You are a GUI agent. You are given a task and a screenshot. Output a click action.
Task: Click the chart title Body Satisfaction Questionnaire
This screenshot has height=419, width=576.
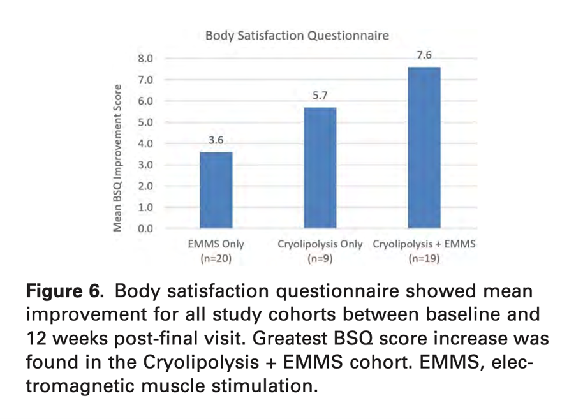(x=297, y=36)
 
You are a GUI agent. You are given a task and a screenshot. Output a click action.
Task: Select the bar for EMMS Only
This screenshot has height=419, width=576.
(x=216, y=190)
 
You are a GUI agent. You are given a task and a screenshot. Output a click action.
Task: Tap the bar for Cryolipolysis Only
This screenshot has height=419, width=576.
(x=320, y=168)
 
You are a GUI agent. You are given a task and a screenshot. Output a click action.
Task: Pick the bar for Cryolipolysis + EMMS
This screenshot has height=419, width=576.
(x=424, y=147)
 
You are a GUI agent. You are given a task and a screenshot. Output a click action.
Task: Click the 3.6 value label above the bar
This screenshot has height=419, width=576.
(x=216, y=140)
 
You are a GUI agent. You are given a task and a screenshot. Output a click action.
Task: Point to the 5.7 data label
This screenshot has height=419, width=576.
(x=320, y=96)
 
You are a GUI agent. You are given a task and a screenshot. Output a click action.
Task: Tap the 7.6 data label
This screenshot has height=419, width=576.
(x=424, y=55)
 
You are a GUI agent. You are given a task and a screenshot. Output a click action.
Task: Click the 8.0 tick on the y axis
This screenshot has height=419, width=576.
(x=145, y=59)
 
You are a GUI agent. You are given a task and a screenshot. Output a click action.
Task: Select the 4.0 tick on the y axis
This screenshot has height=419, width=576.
(x=145, y=143)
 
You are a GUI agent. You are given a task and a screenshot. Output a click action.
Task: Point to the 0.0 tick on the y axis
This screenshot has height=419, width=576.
(x=145, y=229)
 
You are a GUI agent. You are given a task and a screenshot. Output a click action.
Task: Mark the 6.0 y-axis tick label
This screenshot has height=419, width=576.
(x=145, y=101)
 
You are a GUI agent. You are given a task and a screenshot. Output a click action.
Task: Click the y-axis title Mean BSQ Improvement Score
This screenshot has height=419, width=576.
(x=117, y=158)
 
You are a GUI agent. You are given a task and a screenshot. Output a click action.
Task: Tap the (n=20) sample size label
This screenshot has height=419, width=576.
(x=216, y=258)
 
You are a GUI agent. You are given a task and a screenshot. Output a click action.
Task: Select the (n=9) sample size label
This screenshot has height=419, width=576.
(x=320, y=258)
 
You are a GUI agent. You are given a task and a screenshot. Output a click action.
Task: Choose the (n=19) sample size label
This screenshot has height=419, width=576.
(x=424, y=258)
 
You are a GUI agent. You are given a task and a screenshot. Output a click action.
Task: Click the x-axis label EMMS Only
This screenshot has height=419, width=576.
(x=216, y=244)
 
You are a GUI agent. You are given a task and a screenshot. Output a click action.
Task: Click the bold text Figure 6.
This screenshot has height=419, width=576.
(x=64, y=291)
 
